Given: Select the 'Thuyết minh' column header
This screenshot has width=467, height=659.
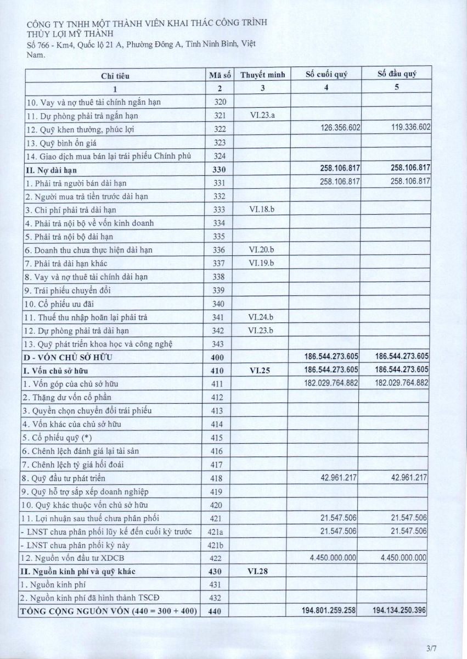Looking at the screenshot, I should coord(263,75).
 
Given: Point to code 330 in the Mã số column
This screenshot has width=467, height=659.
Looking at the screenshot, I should coord(220,170).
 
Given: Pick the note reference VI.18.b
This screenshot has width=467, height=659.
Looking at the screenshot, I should coord(263,209).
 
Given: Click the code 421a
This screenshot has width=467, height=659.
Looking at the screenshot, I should coord(220,532).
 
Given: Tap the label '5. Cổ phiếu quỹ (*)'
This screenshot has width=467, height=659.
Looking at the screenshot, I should coord(57,438).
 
